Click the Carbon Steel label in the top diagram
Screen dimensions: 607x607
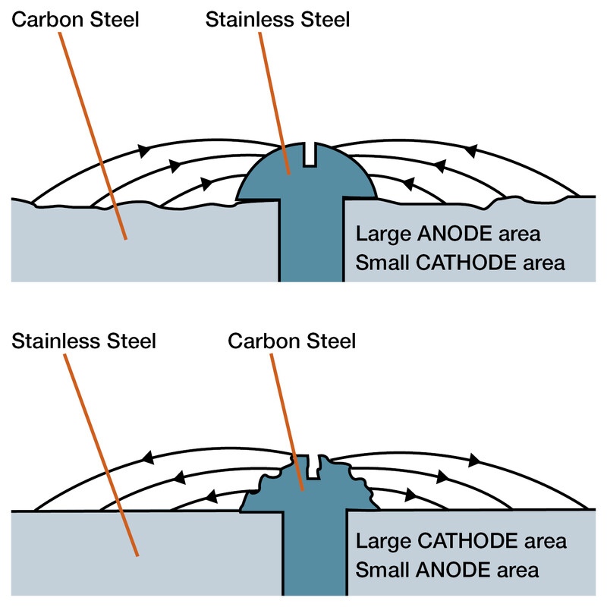[x=75, y=19]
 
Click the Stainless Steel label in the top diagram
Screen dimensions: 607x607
[x=278, y=19]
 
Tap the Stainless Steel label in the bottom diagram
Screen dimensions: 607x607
[x=84, y=341]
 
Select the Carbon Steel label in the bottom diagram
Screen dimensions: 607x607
[x=292, y=341]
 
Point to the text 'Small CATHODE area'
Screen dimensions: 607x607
[x=461, y=263]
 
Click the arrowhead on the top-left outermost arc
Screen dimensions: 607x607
[x=142, y=146]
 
